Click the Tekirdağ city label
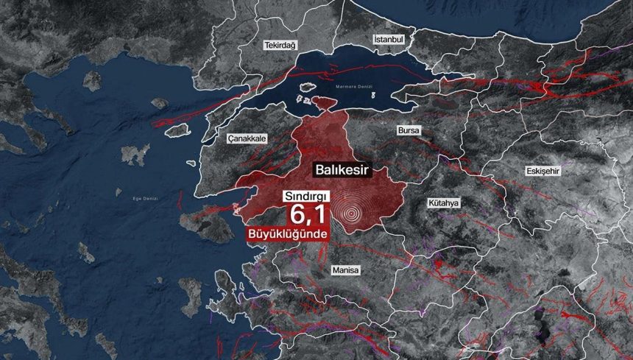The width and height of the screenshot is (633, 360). click(280, 46)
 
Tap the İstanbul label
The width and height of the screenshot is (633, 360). click(389, 38)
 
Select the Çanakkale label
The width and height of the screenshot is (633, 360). click(247, 138)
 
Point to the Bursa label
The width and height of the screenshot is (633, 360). click(408, 130)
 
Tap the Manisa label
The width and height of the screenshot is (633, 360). click(345, 270)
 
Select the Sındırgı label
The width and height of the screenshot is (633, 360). click(308, 197)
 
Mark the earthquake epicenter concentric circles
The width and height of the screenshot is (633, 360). click(353, 213)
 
